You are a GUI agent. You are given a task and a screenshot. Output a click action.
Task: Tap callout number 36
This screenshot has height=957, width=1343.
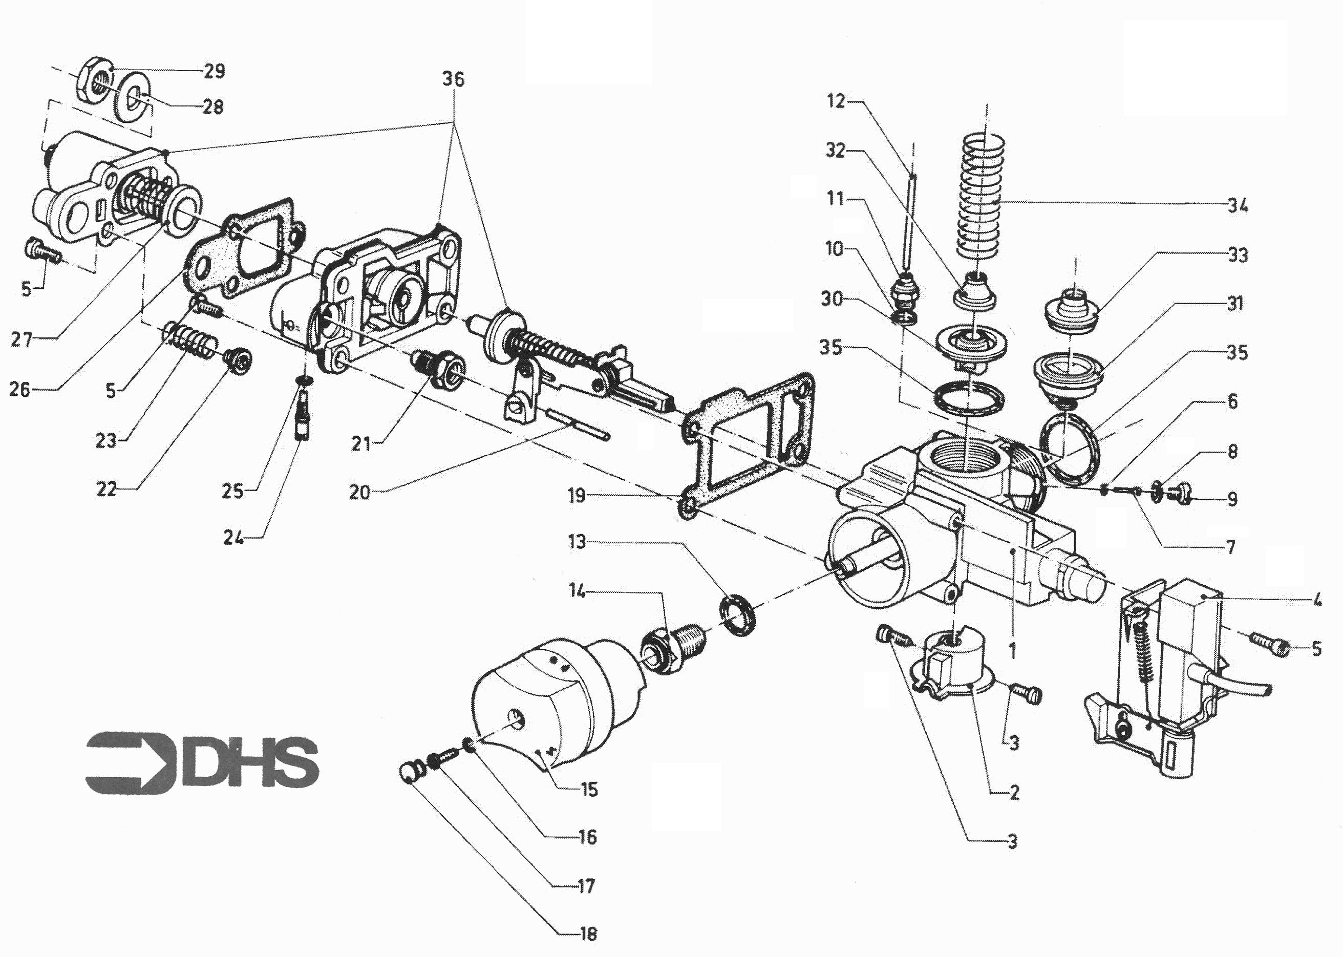point(453,78)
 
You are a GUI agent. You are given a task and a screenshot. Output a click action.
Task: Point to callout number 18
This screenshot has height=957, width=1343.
point(587,933)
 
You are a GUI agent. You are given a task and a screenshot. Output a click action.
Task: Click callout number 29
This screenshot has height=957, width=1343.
point(215,71)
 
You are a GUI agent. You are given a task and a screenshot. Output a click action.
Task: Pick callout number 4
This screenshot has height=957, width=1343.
point(1318,601)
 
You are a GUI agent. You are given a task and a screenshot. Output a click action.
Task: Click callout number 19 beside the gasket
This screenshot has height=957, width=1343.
point(577,496)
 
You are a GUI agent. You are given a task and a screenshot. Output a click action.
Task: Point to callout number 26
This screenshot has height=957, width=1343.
point(19,389)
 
